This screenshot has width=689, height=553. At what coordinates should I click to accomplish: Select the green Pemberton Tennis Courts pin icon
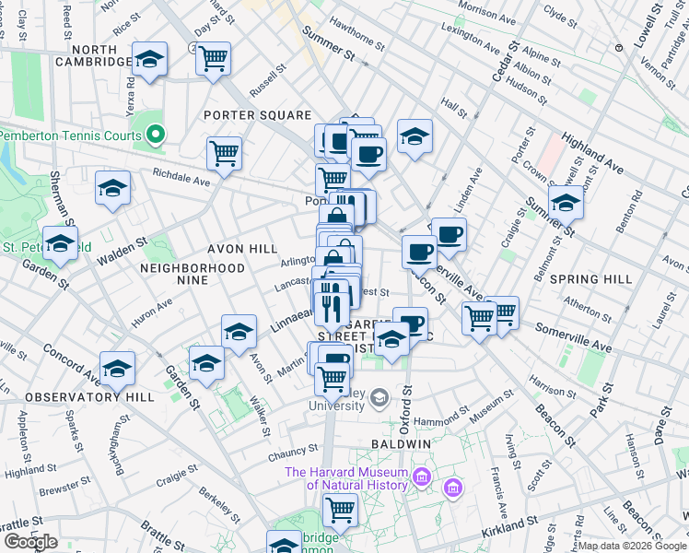coord(156,135)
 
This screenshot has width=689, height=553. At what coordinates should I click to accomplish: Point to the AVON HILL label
coord(241,249)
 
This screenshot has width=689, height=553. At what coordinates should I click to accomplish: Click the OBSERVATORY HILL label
coord(77,397)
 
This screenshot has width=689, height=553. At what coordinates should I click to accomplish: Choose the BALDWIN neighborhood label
coord(402,443)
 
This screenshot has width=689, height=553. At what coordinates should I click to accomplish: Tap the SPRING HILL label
coord(590,278)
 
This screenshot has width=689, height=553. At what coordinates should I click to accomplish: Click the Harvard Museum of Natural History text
coord(345,478)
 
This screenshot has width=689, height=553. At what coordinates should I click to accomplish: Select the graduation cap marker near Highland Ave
coord(565,202)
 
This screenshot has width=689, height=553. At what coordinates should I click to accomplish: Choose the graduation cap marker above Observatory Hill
coord(117,369)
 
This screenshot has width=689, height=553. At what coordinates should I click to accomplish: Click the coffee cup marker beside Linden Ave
coord(449,234)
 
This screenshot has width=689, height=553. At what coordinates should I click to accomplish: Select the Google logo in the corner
coord(31,541)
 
